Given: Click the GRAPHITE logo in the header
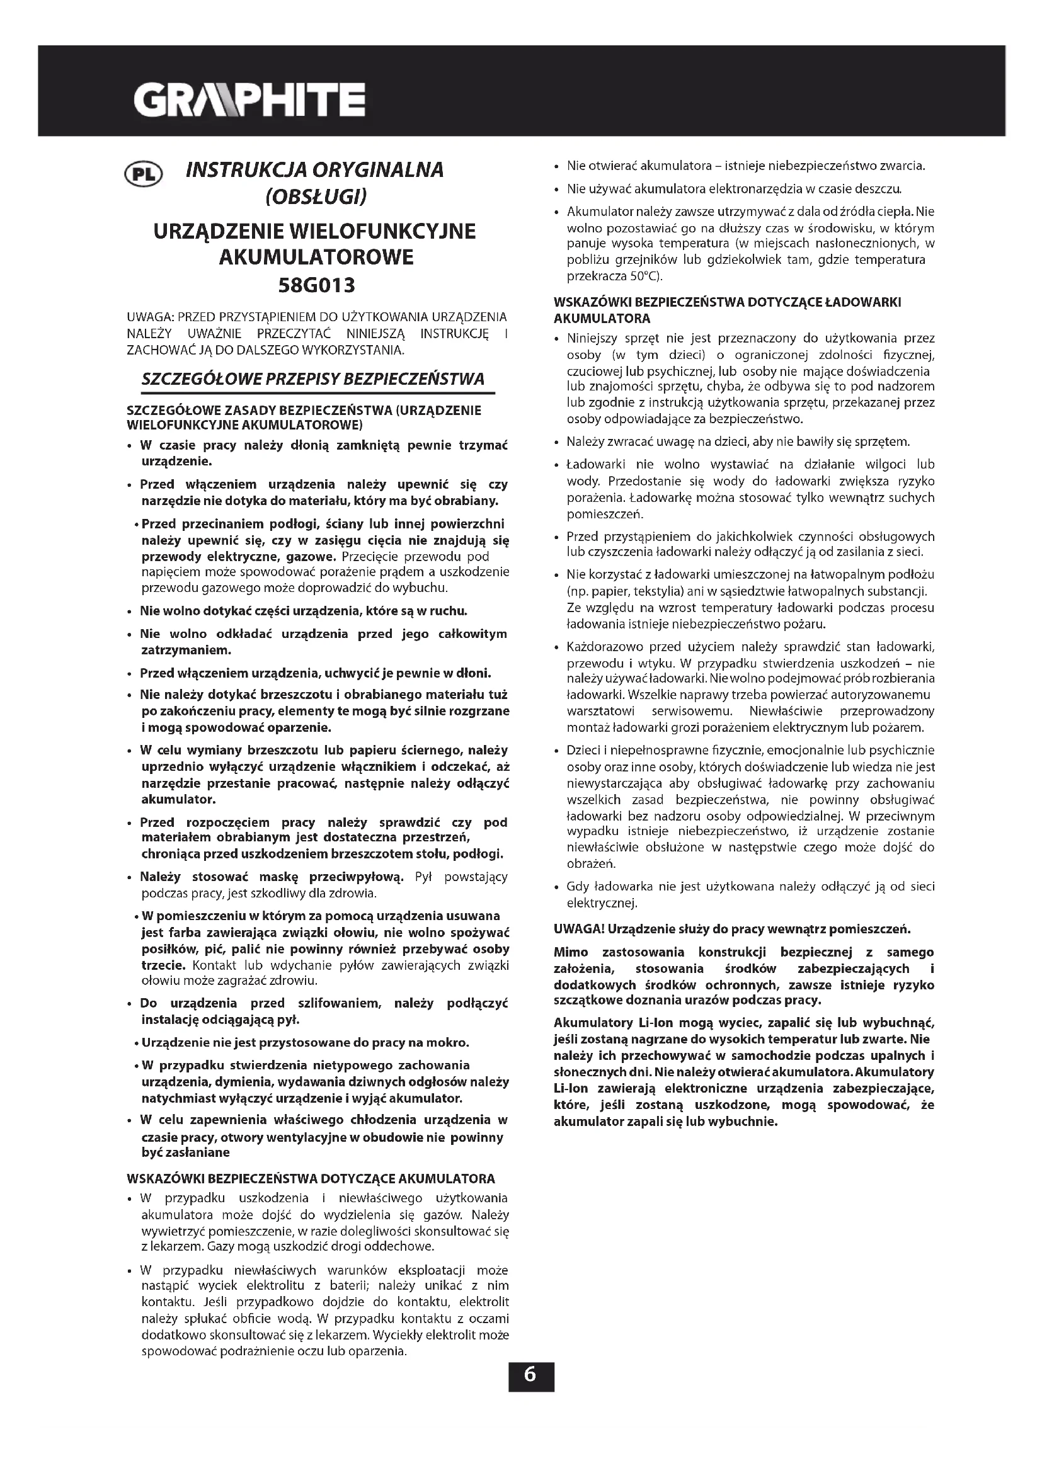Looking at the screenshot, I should point(249,100).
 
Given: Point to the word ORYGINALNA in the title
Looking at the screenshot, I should point(378,170).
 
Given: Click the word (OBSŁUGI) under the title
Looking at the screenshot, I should point(316,196).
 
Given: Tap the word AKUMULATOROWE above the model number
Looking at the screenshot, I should point(316,258).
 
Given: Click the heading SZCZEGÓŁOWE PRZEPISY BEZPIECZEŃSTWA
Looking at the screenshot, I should point(312,379).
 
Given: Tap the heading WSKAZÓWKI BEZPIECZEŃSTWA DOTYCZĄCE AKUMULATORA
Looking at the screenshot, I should point(311,1178).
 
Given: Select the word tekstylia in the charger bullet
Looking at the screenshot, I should point(648,591).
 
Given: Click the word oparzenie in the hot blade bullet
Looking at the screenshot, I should point(304,728).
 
